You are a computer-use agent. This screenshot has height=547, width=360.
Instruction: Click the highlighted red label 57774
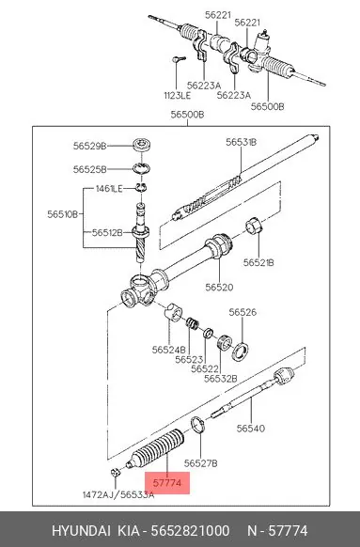(x=167, y=483)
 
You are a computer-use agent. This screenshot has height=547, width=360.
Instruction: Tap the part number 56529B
(x=89, y=146)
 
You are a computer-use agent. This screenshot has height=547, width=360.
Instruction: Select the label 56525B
(x=89, y=169)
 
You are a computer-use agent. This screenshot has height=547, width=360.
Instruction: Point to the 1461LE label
(x=109, y=189)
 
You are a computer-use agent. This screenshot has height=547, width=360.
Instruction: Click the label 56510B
(x=63, y=214)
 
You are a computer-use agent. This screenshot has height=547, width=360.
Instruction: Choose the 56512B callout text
(x=107, y=232)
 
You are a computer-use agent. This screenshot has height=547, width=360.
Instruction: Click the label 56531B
(x=241, y=142)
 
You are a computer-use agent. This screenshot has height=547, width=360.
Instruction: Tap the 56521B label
(x=258, y=262)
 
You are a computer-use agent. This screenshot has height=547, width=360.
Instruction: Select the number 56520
(x=219, y=287)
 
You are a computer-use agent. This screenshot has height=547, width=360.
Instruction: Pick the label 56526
(x=243, y=312)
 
